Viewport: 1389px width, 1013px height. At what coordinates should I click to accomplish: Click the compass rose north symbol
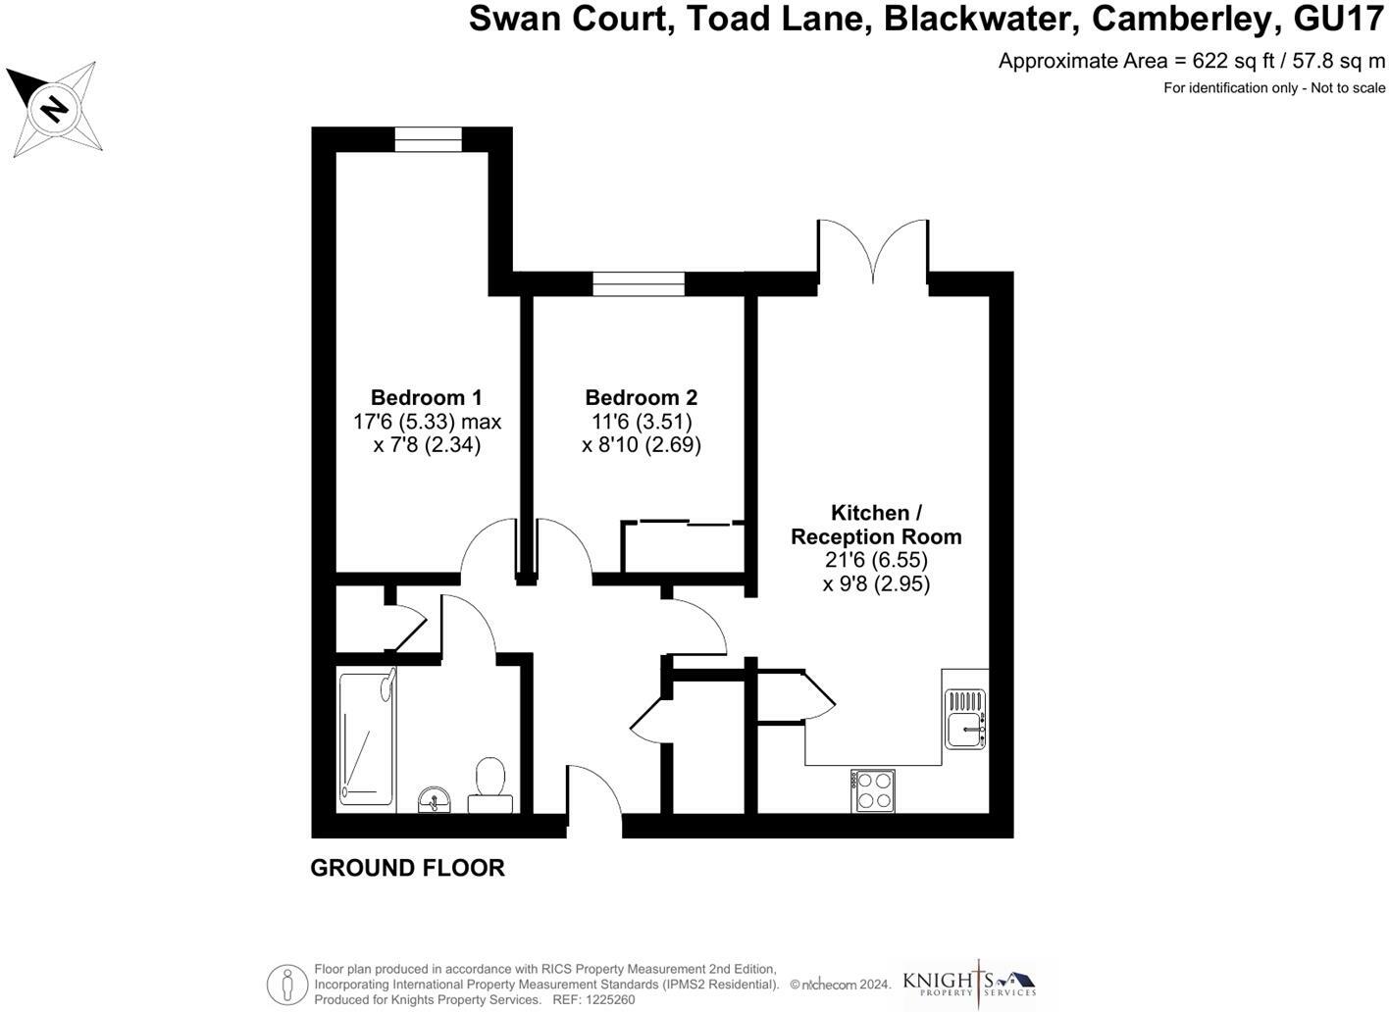click(x=54, y=108)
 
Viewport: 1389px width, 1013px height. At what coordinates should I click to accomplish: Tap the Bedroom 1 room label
click(x=426, y=397)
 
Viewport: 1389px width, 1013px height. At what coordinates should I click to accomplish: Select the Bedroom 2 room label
click(x=641, y=397)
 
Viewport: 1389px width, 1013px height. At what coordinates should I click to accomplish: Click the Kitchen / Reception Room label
click(x=876, y=525)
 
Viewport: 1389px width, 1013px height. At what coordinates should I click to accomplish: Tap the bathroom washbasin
click(x=434, y=799)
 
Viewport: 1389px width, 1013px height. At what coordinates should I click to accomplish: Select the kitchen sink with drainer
click(x=965, y=718)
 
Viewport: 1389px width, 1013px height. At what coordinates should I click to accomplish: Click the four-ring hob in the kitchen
click(x=873, y=790)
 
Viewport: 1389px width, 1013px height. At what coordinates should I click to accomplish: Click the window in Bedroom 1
click(x=428, y=140)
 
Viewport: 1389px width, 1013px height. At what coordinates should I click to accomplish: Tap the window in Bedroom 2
click(x=639, y=283)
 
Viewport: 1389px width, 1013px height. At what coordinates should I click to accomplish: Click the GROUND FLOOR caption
click(x=407, y=868)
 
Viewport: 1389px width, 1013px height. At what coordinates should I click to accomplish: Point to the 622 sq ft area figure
click(x=1231, y=61)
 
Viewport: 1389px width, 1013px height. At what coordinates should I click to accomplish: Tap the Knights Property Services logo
click(x=969, y=983)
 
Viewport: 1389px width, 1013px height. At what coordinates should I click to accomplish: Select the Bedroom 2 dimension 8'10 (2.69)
click(x=642, y=444)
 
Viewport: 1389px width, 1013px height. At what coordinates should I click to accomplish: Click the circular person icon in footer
click(x=287, y=984)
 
